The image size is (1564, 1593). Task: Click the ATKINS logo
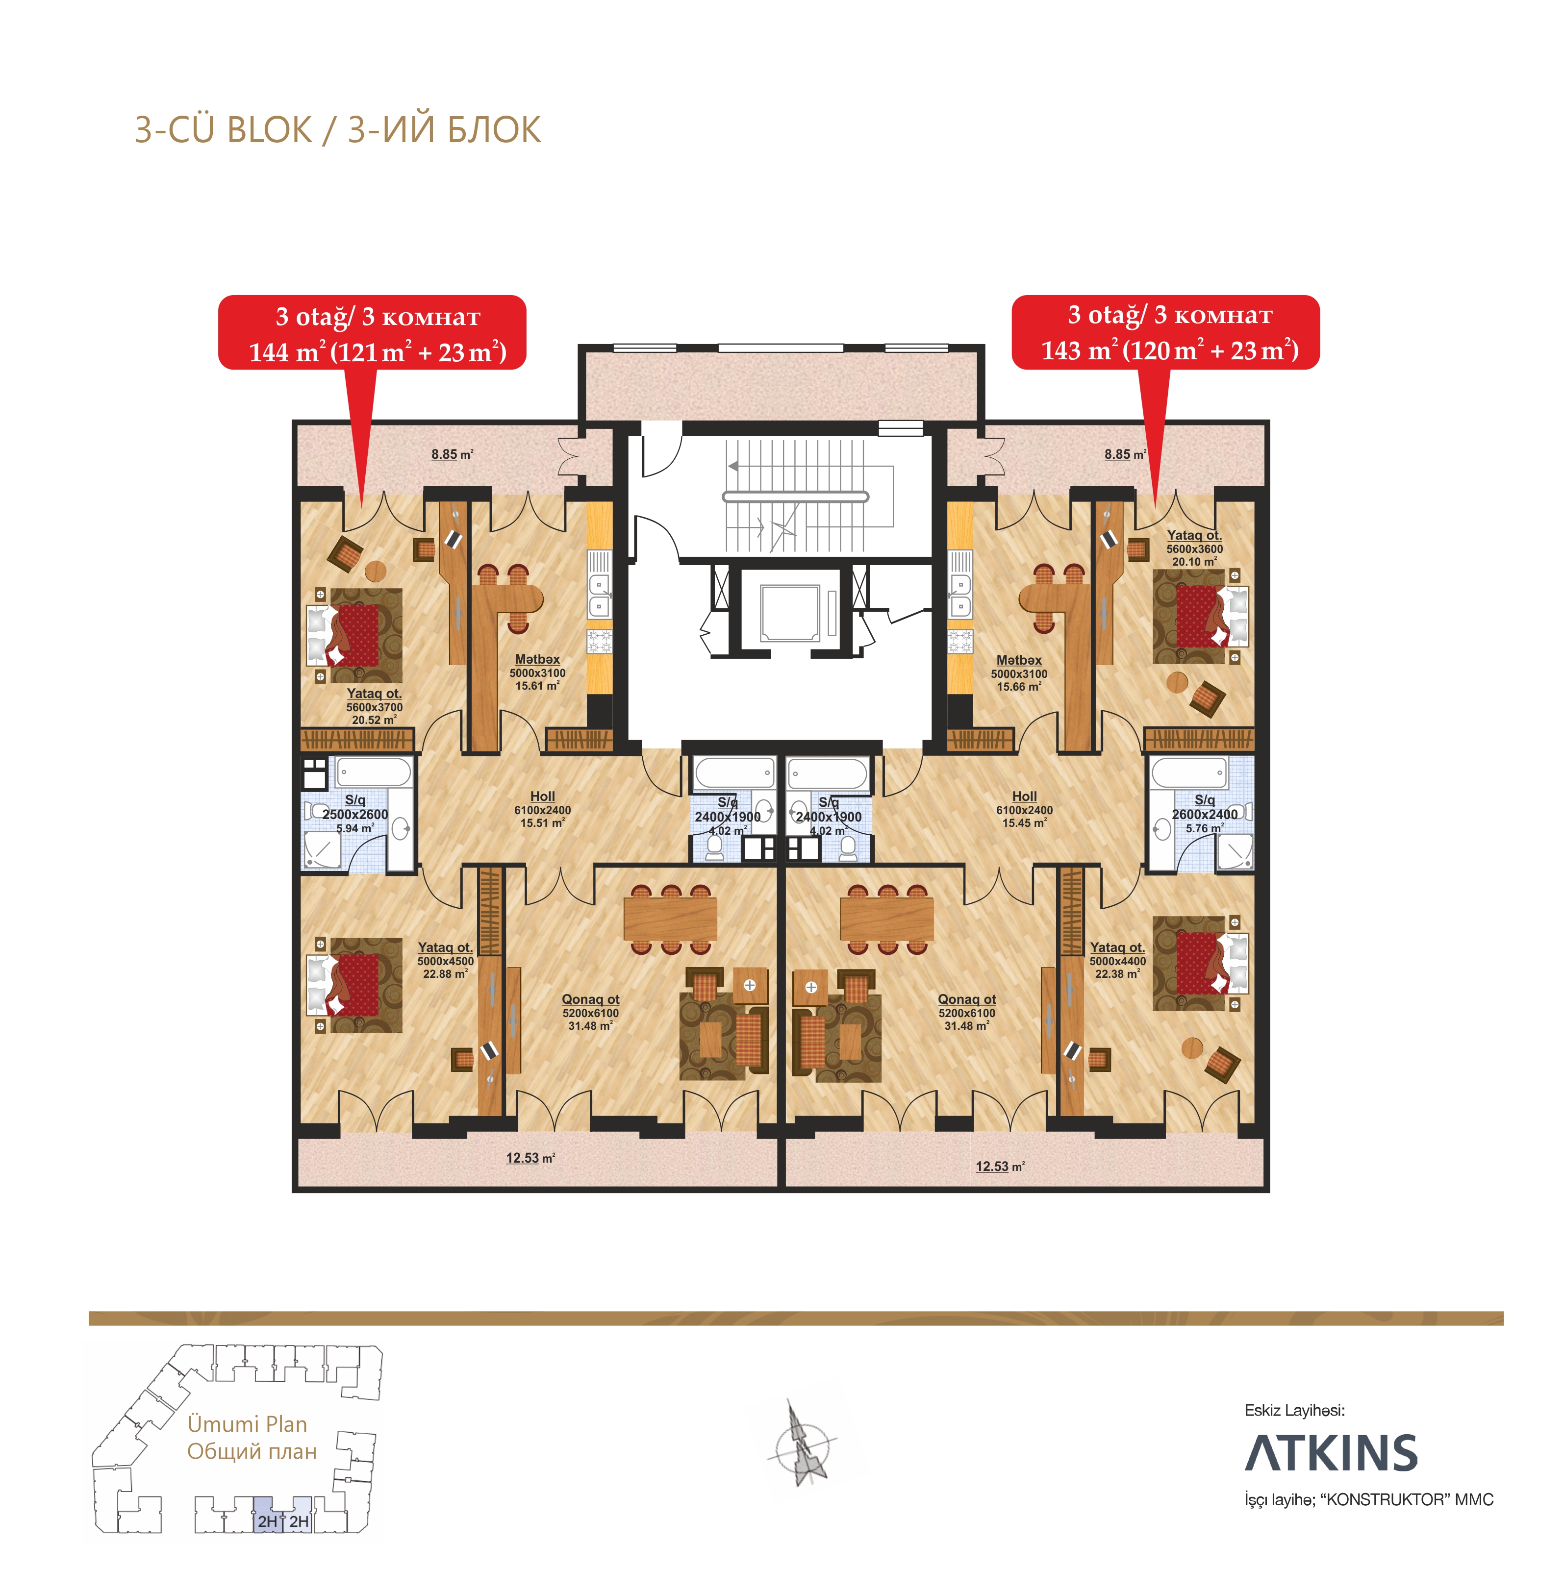1331,1453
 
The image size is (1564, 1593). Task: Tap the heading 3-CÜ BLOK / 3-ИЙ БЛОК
338,130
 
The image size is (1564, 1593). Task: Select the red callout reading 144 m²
372,332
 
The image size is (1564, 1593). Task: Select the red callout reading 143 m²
1165,332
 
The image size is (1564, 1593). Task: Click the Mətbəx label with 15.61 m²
537,672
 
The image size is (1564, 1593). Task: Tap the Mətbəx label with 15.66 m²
1019,672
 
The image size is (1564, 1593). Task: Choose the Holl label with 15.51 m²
542,809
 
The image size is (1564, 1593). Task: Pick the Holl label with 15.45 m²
1024,809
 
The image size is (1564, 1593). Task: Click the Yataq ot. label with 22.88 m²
445,960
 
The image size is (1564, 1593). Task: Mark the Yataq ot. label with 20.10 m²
1194,548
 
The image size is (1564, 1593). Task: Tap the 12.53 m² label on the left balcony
530,1158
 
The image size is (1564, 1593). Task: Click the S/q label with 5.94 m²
355,813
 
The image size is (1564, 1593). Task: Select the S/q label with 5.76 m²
1204,813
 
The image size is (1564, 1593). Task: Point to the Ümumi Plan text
247,1424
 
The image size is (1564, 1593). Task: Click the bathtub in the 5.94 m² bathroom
374,772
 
